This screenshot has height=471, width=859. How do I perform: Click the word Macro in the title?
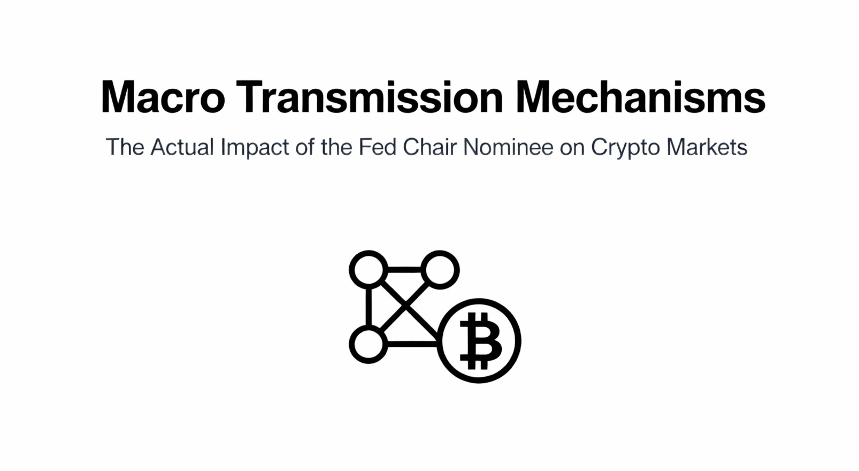(163, 97)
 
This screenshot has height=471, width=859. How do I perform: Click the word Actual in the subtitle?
(182, 147)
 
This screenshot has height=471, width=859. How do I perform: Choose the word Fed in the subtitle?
(377, 147)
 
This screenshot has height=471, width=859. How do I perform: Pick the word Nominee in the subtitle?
(508, 147)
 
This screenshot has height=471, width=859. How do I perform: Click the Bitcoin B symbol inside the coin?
(480, 340)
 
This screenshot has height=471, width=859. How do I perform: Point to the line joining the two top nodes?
(404, 270)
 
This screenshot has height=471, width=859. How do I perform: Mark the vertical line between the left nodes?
(369, 307)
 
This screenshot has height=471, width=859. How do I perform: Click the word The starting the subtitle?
(125, 147)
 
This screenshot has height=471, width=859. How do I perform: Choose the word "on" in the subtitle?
(572, 149)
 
